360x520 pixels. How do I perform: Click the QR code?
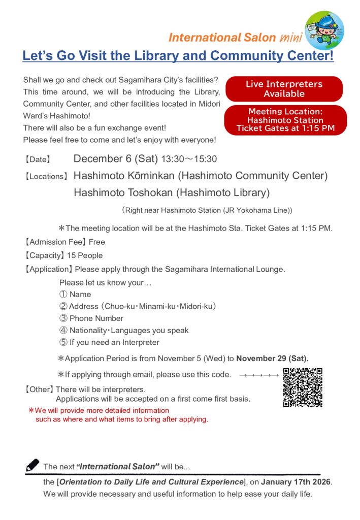coord(303,387)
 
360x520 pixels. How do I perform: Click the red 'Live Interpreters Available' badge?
coord(284,89)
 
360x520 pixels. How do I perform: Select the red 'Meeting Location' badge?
coord(285,120)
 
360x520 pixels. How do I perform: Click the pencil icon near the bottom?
coord(32,465)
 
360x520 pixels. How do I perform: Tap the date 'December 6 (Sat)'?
coord(116,159)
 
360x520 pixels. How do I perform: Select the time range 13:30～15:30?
coord(189,159)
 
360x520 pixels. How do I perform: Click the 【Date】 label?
coord(38,159)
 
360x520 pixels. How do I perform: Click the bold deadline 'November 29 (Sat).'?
coord(272,359)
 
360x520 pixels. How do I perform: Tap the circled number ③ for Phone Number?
coord(63,318)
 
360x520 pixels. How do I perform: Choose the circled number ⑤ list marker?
coord(63,342)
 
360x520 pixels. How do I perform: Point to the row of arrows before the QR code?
coord(259,375)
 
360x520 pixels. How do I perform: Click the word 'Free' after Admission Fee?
coord(96,242)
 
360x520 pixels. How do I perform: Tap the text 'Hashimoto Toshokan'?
coord(121,193)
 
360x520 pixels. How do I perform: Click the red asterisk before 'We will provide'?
coord(31,410)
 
